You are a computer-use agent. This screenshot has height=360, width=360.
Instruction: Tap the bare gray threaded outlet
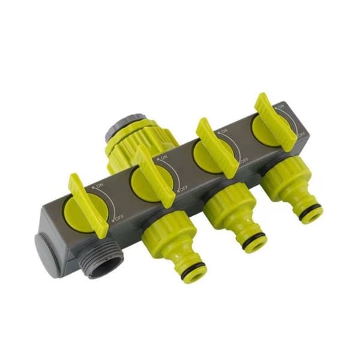[101, 261]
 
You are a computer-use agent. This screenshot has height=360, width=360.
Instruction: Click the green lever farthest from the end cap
[275, 122]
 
